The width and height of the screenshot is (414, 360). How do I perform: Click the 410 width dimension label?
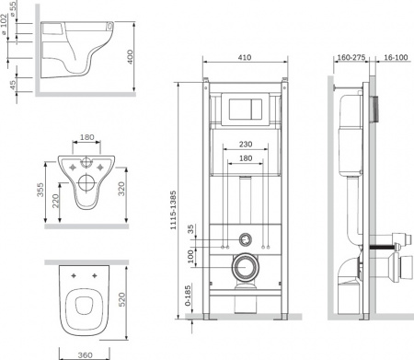245,57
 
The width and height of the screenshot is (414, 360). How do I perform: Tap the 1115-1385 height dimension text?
173,210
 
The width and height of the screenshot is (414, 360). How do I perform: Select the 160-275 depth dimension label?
351,57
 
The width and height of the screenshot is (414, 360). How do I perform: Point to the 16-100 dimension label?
396,57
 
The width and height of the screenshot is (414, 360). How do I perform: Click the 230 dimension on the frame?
246,144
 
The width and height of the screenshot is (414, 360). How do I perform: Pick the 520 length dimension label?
122,299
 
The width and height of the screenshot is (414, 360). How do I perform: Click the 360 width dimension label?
85,355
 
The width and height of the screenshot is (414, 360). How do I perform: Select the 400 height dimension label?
131,57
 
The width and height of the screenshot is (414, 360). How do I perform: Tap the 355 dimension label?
40,190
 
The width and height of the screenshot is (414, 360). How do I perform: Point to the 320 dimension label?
121,189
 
